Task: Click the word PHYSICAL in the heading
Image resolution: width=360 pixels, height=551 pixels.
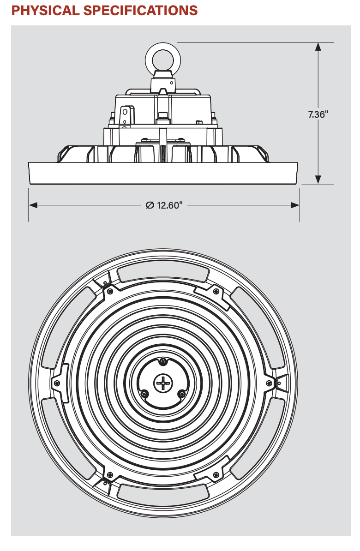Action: click(45, 11)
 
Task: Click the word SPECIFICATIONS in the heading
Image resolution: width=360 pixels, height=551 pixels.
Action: click(141, 11)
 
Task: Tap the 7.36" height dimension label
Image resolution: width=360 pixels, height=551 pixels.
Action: click(318, 114)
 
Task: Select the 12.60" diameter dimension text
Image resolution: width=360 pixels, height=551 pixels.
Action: click(170, 205)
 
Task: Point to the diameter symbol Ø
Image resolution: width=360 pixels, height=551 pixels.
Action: click(150, 205)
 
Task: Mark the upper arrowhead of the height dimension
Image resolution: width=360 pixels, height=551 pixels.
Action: click(318, 47)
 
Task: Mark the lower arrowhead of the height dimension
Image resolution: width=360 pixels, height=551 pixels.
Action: click(318, 180)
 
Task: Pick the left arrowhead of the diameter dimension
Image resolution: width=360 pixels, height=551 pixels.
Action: click(33, 205)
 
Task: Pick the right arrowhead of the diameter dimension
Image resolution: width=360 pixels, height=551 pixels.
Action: click(295, 205)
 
